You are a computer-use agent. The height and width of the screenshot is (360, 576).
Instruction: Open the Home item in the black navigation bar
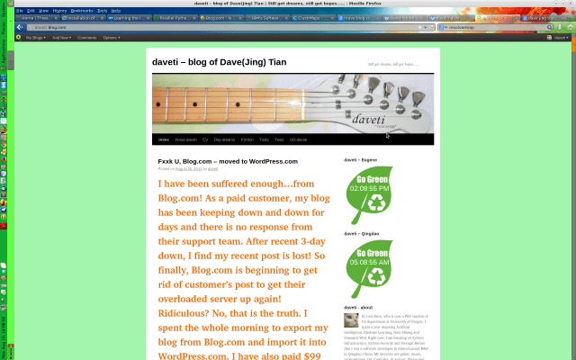point(164,139)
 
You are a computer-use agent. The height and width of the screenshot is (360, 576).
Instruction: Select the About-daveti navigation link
point(185,139)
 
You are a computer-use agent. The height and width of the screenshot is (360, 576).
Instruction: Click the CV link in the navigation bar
point(205,139)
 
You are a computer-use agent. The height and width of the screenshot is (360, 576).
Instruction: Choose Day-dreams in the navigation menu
point(224,139)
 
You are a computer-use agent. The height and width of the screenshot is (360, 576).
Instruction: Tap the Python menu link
point(247,139)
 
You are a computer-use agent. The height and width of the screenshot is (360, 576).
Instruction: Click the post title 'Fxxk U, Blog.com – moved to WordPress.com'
point(228,161)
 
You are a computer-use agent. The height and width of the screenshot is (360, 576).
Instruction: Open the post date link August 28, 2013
point(188,168)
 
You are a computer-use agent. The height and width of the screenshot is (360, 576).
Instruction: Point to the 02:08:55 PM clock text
point(368,189)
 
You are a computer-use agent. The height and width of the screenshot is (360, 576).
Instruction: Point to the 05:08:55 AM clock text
point(368,263)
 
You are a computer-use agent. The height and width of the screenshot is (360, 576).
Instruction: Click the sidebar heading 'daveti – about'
point(357,307)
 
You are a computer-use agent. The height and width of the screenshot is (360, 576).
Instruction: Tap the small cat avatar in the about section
point(350,319)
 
